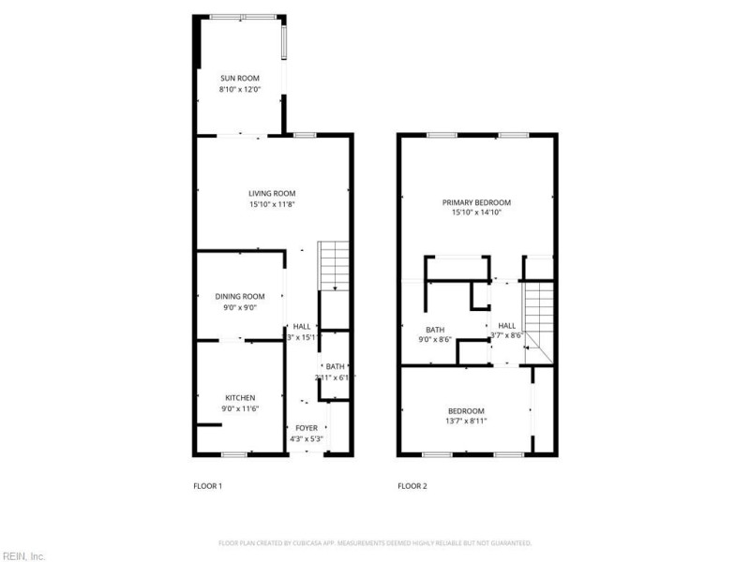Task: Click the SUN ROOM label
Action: point(239,78)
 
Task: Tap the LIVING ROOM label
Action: point(272,193)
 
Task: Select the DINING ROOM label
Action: point(240,296)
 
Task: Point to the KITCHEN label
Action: point(239,397)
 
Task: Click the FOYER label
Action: point(306,427)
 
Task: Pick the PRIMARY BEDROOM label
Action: point(477,202)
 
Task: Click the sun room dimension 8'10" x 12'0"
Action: point(239,89)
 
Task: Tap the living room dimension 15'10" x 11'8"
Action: point(272,204)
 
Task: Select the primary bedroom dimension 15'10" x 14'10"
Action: point(477,213)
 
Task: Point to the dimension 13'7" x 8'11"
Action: point(466,421)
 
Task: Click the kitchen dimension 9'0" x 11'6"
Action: point(239,408)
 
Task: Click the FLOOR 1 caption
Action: point(207,485)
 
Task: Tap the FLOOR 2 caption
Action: point(412,485)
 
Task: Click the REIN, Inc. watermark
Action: point(23,555)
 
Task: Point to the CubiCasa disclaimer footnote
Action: point(375,542)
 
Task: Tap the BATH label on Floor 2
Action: point(435,329)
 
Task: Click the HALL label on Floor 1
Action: point(302,326)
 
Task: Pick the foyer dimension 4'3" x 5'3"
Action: point(306,437)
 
